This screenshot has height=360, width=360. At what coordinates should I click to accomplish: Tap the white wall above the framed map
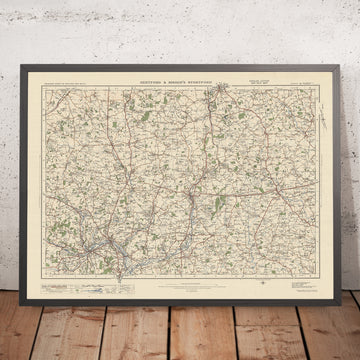tap(180, 25)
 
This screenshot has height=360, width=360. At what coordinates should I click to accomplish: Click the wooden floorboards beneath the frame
tap(180, 335)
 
